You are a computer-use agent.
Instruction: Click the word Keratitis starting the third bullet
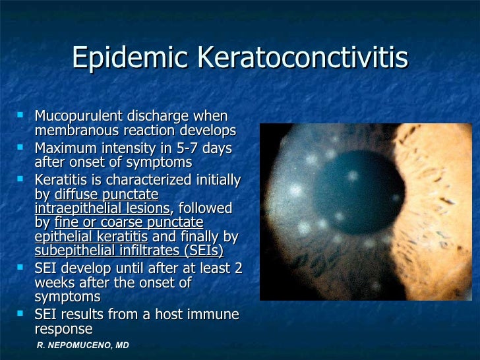[61, 180]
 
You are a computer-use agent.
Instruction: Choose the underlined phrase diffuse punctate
[106, 195]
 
